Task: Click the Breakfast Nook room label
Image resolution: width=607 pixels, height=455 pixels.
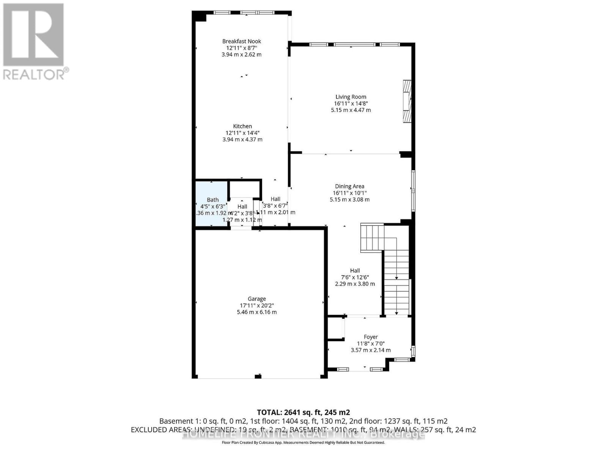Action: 242,41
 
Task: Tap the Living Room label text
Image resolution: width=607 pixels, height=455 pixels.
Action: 351,97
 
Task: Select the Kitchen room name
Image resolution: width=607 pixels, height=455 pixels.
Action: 242,126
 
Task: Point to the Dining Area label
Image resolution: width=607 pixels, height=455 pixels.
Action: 349,186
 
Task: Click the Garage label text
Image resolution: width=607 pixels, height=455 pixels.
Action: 257,299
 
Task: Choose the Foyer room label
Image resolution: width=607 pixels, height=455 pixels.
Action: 371,337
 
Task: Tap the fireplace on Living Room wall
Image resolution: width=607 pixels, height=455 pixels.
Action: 407,101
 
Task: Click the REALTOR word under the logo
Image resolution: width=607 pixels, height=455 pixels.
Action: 34,74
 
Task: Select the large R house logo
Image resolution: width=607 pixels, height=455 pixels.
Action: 33,35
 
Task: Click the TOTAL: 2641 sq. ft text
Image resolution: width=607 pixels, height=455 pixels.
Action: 303,412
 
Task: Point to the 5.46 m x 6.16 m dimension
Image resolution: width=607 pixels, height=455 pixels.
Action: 257,312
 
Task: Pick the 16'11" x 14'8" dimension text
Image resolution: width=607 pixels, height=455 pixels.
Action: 351,104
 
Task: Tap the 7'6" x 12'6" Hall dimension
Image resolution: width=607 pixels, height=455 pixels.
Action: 355,277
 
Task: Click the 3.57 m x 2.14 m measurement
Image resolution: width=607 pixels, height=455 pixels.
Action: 371,350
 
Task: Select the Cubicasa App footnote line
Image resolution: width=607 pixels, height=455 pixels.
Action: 303,442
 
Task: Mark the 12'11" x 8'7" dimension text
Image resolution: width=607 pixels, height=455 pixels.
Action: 242,48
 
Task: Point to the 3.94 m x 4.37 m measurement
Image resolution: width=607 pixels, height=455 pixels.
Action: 242,140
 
